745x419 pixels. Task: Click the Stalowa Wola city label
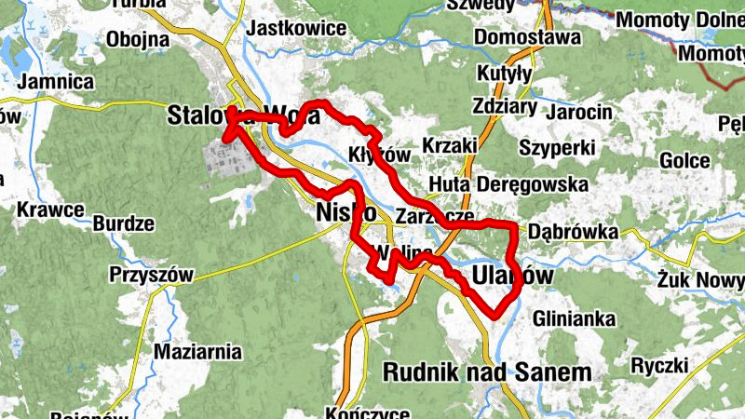point(244,116)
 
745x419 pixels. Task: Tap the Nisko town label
point(346,211)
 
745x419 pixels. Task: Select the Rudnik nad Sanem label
point(487,372)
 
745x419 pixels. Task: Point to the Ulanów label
point(512,277)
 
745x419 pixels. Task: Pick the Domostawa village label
point(527,37)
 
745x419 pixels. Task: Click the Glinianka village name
point(575,319)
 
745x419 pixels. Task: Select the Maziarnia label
point(197,353)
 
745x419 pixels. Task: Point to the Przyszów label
point(150,275)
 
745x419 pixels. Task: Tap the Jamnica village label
point(61,82)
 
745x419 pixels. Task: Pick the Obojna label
point(138,39)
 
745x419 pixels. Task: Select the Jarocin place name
point(580,112)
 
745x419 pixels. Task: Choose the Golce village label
point(684,160)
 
